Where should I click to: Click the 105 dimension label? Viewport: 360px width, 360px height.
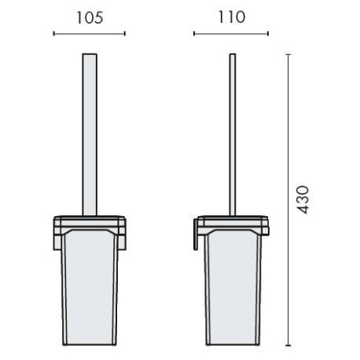click(x=90, y=18)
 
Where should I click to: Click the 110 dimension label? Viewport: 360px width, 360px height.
click(x=231, y=17)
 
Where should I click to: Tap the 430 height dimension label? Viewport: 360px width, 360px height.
click(x=303, y=200)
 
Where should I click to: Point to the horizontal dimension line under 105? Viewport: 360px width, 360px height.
click(x=90, y=34)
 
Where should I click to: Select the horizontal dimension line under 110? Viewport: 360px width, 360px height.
click(x=231, y=34)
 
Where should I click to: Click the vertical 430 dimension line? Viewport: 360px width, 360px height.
click(x=288, y=200)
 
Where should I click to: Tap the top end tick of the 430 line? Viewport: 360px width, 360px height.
click(x=288, y=54)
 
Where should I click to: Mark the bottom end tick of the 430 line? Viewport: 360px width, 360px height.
click(x=288, y=346)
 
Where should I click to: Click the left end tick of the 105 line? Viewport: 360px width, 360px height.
click(x=53, y=34)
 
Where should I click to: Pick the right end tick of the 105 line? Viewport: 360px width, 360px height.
click(x=125, y=34)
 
